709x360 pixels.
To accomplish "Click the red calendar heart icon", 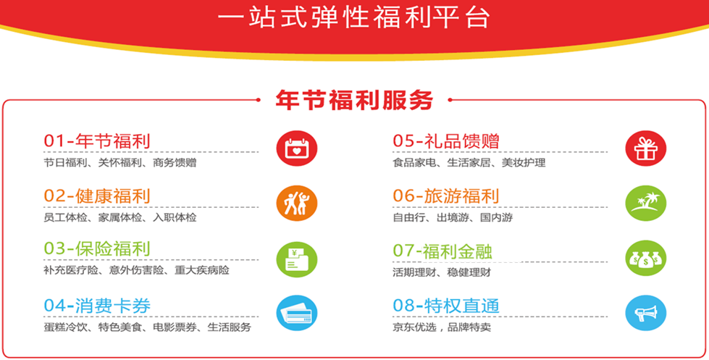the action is point(297,148).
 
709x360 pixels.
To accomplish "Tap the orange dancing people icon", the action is point(297,203).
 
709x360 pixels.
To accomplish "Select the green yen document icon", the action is point(297,259).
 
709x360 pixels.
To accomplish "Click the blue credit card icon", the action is point(297,313).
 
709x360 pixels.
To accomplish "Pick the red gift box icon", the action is point(646,148).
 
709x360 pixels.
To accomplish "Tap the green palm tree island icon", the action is point(646,203).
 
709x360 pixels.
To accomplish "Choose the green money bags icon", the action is point(646,259).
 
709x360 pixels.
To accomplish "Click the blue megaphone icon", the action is point(646,313).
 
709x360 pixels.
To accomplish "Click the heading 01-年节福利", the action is point(97,141).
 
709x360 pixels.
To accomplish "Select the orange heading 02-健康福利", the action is point(97,196).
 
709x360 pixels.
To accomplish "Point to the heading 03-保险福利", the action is point(97,249).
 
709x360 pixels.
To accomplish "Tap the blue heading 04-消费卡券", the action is point(97,306).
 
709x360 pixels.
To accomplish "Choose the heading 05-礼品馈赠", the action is point(446,141).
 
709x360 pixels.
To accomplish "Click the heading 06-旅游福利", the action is point(446,196).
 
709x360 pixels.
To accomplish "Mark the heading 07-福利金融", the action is point(442,251).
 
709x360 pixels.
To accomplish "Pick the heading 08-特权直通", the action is point(446,306).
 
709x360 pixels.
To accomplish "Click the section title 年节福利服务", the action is point(355,100).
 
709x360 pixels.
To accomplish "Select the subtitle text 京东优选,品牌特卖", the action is point(442,327).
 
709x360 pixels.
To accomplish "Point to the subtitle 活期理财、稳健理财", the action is point(442,272).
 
